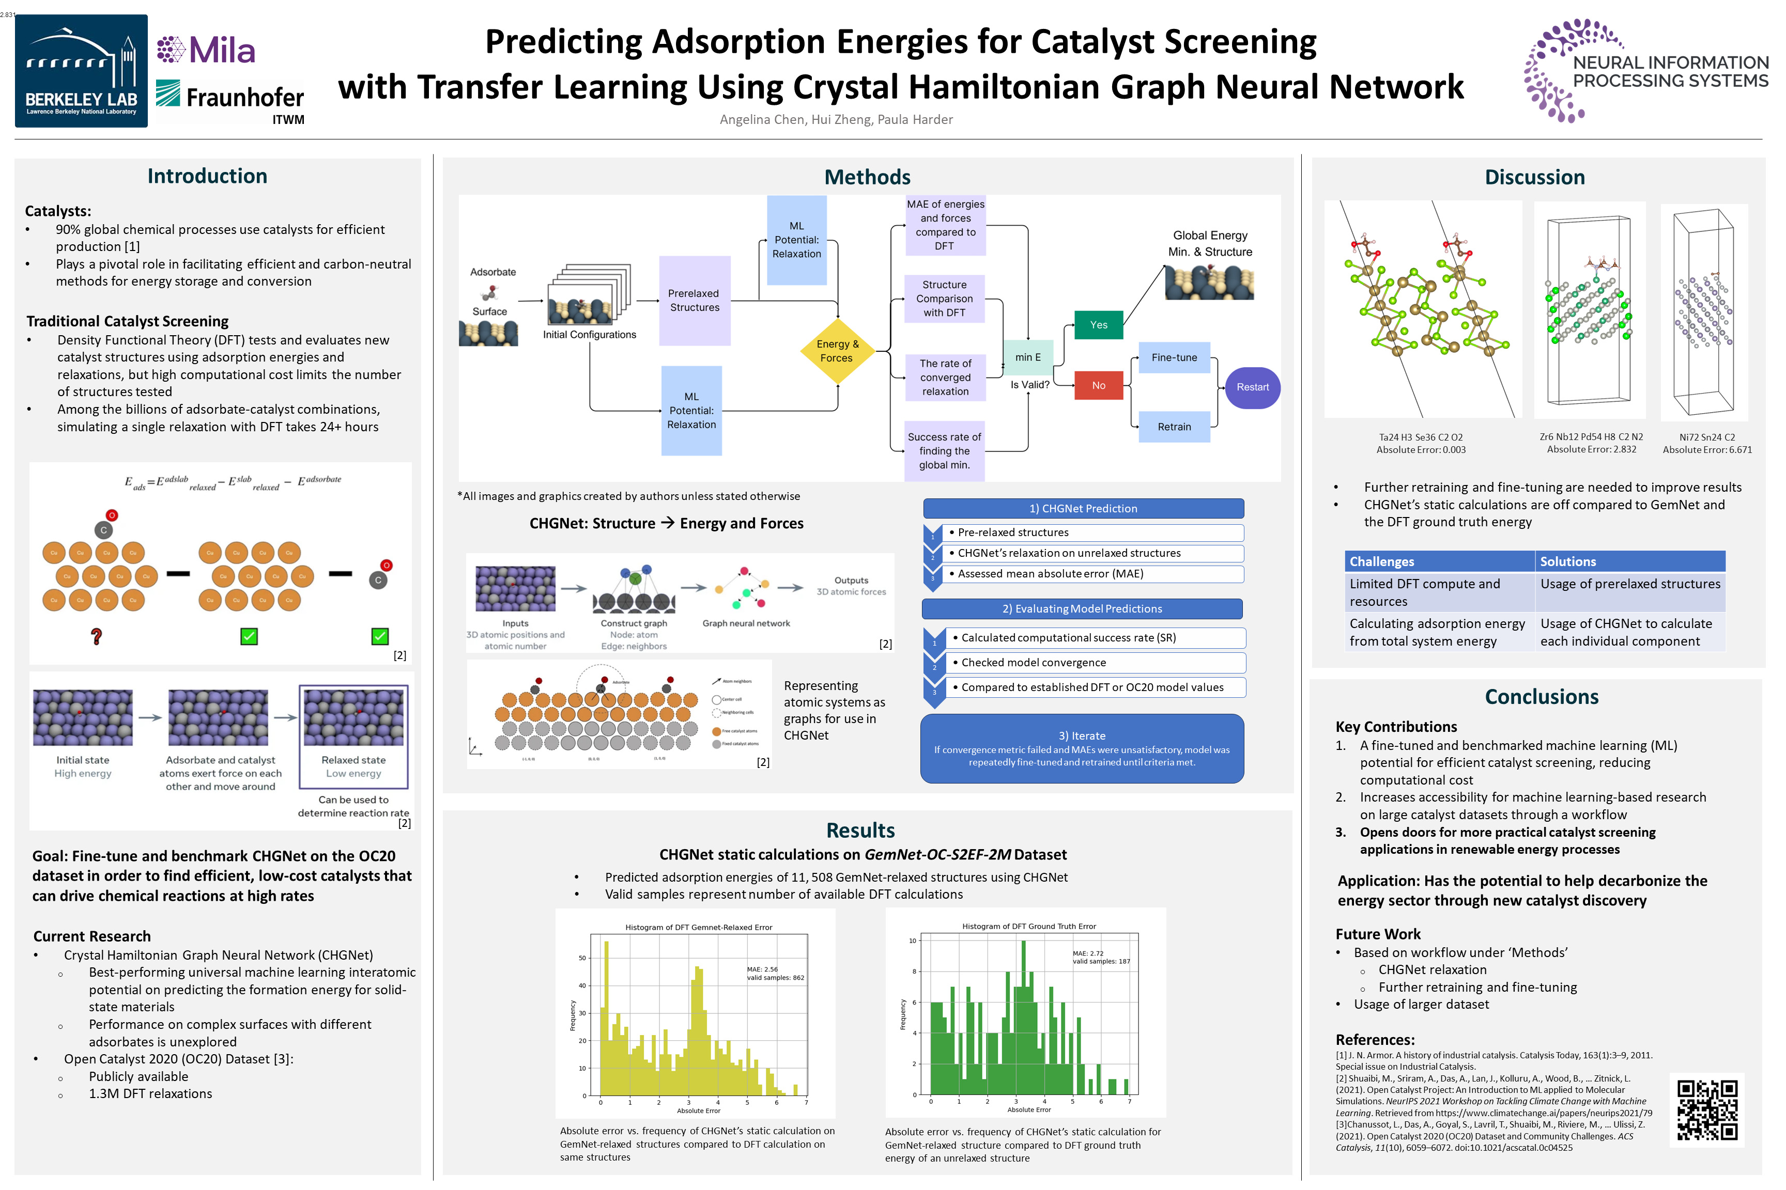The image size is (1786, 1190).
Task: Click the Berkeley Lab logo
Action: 81,71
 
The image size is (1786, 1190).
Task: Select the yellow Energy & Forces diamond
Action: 837,351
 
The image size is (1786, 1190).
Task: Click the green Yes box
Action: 1098,325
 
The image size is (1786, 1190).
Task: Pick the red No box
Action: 1098,385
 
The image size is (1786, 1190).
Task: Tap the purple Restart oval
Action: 1252,387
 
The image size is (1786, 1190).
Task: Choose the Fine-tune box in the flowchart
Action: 1174,357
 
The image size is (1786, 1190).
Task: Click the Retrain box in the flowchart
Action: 1174,427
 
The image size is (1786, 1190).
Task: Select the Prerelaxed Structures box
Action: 694,301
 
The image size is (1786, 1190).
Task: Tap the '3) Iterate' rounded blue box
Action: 1082,748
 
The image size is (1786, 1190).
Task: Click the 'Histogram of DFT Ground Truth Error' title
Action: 1029,927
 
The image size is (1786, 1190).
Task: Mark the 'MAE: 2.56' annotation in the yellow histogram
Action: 762,969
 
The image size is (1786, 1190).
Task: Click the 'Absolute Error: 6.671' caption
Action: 1707,450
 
